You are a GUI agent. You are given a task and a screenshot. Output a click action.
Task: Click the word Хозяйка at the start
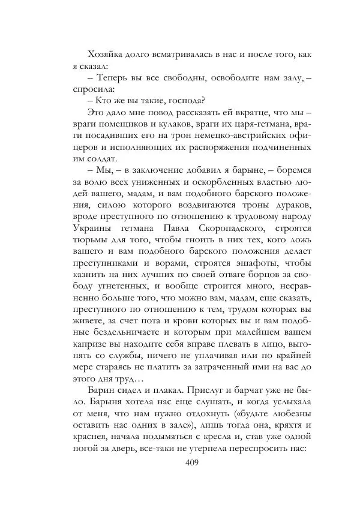pyautogui.click(x=105, y=55)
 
